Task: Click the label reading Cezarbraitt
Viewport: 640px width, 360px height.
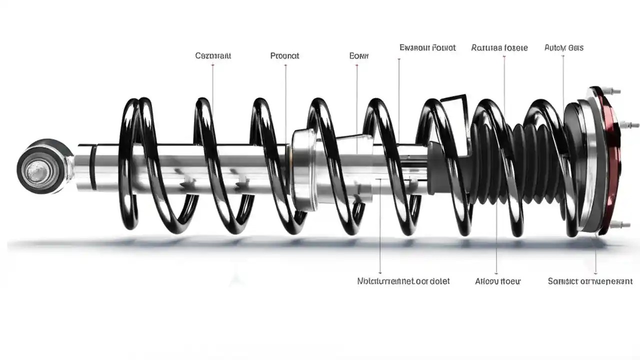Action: (x=213, y=55)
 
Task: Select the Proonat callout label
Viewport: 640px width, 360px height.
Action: (x=284, y=55)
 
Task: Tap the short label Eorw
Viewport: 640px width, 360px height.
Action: (x=358, y=55)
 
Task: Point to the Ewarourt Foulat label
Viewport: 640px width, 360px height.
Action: (x=427, y=48)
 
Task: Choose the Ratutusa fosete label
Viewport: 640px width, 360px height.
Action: (x=499, y=48)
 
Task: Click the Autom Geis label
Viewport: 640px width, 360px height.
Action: (x=563, y=48)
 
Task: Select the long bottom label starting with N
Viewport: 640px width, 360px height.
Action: (x=403, y=281)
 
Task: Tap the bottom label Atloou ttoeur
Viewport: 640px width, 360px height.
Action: (x=497, y=281)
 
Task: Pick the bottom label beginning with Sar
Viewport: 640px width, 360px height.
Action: (x=590, y=281)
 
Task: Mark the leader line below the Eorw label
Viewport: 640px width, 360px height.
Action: (x=357, y=100)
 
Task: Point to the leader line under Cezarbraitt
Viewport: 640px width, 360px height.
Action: (x=213, y=85)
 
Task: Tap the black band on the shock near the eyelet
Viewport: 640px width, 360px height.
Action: (x=93, y=167)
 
